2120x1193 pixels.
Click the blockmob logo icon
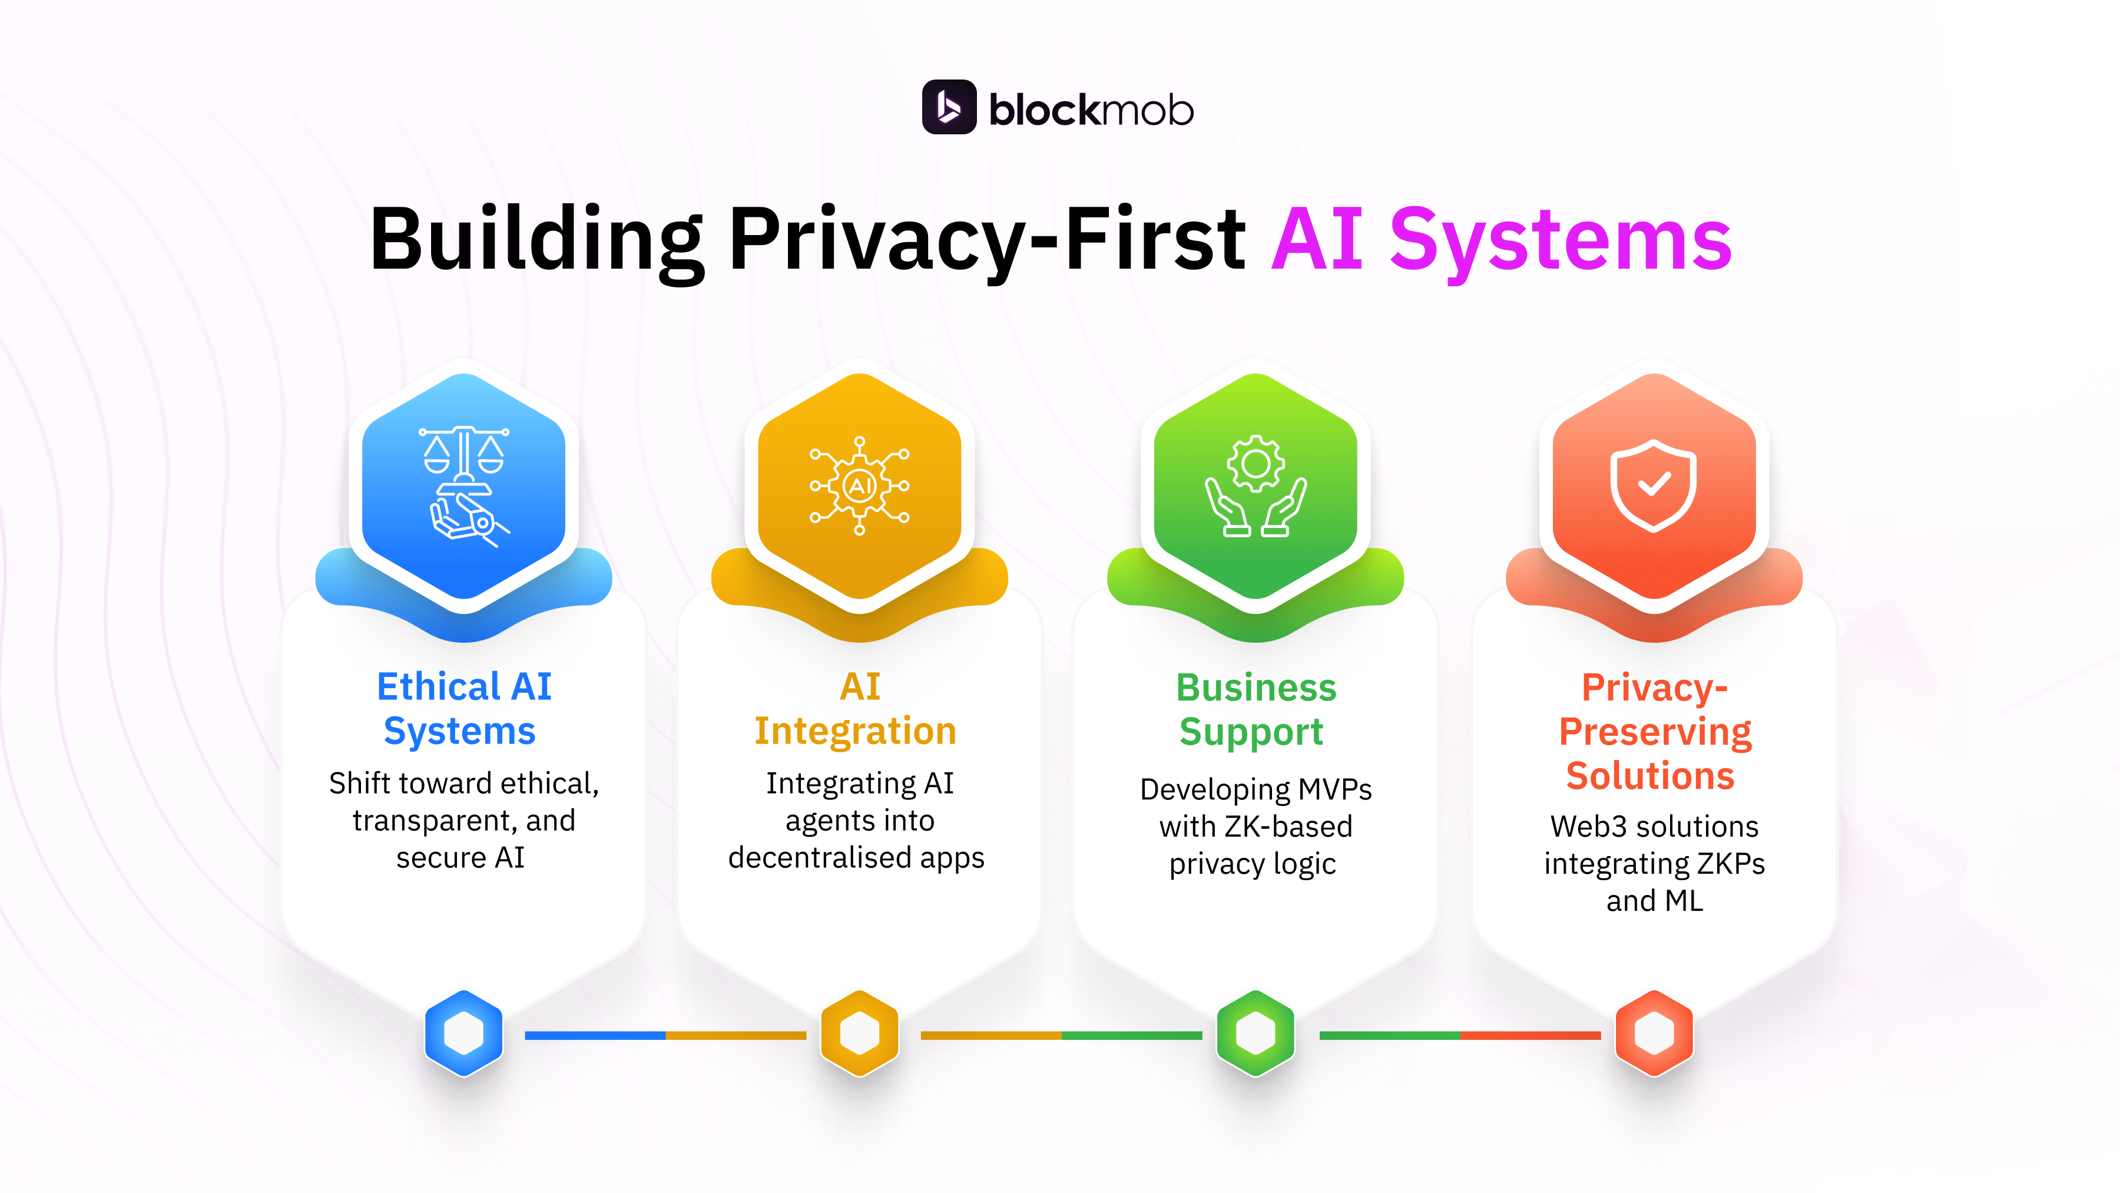(x=949, y=107)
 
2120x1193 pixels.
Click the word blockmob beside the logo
(x=1091, y=110)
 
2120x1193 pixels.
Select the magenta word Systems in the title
(x=1561, y=240)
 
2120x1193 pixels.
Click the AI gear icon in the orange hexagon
(x=859, y=486)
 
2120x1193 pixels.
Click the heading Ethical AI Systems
(x=463, y=708)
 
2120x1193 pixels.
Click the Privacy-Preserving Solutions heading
(x=1654, y=731)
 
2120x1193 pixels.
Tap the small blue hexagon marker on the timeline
(x=463, y=1033)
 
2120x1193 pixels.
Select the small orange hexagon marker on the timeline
(x=859, y=1033)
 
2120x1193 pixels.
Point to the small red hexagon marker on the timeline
(x=1654, y=1033)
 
